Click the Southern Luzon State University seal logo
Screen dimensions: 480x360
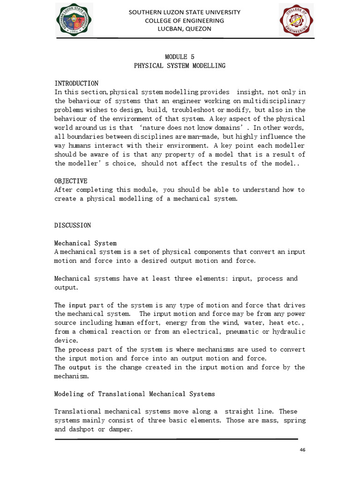pos(74,20)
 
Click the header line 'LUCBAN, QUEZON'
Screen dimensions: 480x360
pos(184,29)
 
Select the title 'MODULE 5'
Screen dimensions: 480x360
pos(180,57)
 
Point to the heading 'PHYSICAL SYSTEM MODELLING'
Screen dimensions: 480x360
pos(180,66)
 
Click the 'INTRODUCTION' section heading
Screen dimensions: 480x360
pos(76,83)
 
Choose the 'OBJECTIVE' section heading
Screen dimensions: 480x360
pos(71,181)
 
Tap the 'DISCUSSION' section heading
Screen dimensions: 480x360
pos(73,225)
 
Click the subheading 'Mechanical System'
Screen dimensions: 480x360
pos(85,243)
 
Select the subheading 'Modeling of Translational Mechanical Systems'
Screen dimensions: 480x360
pos(135,394)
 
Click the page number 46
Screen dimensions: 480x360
pos(302,450)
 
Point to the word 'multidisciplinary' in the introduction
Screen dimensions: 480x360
pos(274,101)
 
